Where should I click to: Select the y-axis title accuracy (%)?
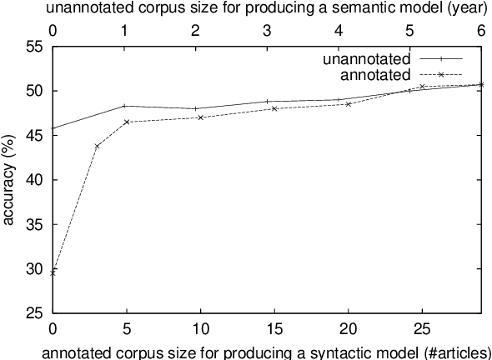pos(9,179)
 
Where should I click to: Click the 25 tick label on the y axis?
pos(33,313)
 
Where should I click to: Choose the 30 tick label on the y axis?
pos(33,268)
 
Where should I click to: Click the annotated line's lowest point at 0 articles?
pos(53,272)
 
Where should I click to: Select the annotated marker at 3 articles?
pos(97,146)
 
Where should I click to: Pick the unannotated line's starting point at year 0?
pos(53,127)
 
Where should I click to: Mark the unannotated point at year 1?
pos(124,106)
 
